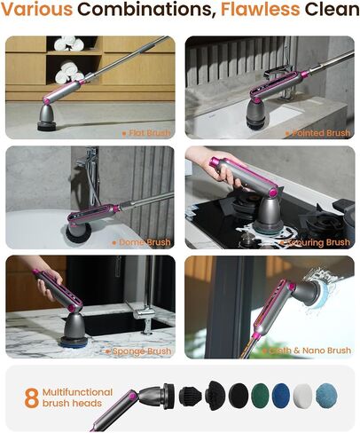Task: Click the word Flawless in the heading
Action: [260, 9]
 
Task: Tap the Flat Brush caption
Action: [146, 133]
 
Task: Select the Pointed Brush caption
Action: [318, 133]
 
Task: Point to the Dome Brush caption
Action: [142, 242]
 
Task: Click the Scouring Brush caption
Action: [315, 242]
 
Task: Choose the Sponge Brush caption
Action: [138, 351]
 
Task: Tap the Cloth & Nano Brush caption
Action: [307, 350]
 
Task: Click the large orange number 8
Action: [32, 398]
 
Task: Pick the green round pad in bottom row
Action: [260, 395]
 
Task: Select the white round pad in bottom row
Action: [302, 396]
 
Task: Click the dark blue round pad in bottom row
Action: [282, 396]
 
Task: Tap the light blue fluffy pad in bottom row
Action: [326, 396]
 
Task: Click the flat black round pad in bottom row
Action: [239, 395]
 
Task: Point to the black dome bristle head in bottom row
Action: [215, 396]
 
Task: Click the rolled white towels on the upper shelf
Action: [69, 43]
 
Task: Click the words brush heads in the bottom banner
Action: [72, 403]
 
